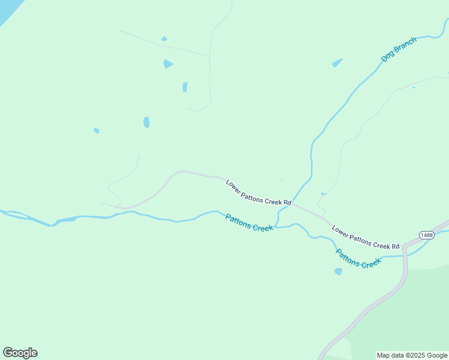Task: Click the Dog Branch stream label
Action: point(399,50)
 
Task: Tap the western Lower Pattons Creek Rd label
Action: point(258,193)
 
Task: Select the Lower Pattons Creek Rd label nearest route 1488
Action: point(365,238)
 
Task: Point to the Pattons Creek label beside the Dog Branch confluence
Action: point(249,223)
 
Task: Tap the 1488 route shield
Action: point(427,235)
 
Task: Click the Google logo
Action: point(20,353)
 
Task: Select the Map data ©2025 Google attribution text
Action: point(412,355)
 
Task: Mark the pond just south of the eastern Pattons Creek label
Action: point(338,271)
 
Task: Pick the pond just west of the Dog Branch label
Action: point(337,63)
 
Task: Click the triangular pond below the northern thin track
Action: point(167,64)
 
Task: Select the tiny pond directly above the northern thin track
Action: point(164,39)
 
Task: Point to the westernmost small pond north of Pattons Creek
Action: point(96,130)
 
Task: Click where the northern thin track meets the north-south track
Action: point(209,56)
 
